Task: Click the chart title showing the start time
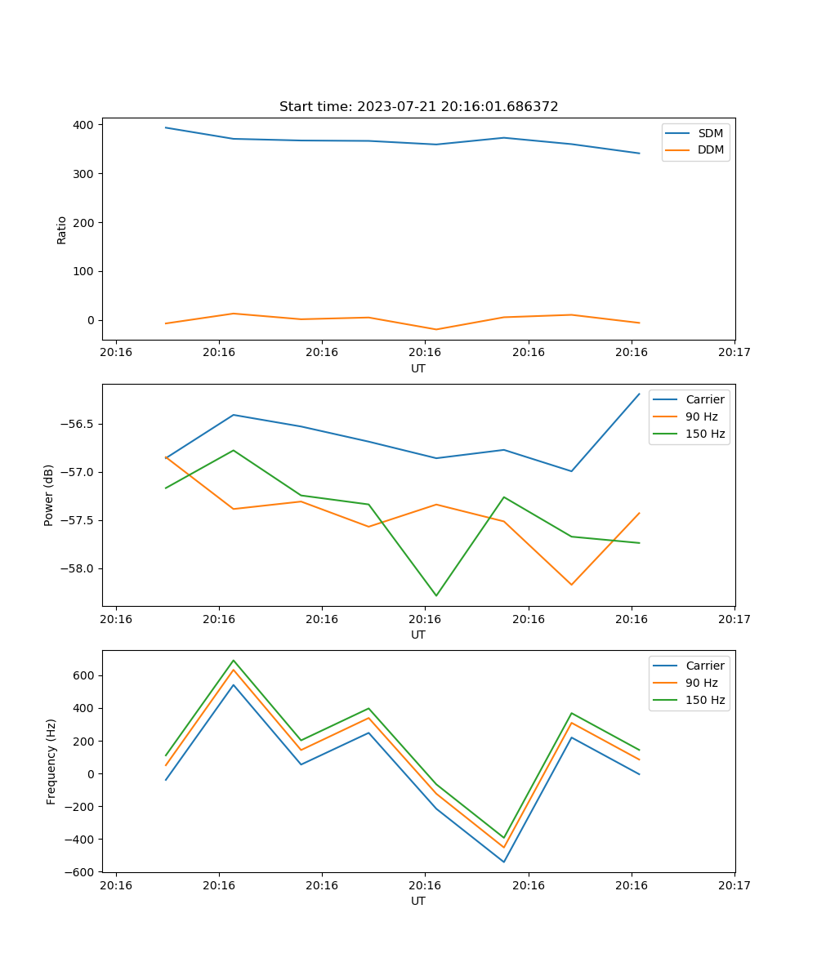click(x=418, y=107)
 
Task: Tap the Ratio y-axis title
click(x=62, y=229)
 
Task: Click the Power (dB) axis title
click(x=49, y=495)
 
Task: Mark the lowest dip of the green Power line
click(x=436, y=595)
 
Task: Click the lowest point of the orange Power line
click(x=571, y=585)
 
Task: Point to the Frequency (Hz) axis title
click(x=51, y=761)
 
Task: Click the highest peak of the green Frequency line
click(x=234, y=661)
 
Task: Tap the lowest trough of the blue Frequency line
click(x=504, y=862)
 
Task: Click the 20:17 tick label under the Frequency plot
click(x=734, y=885)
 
